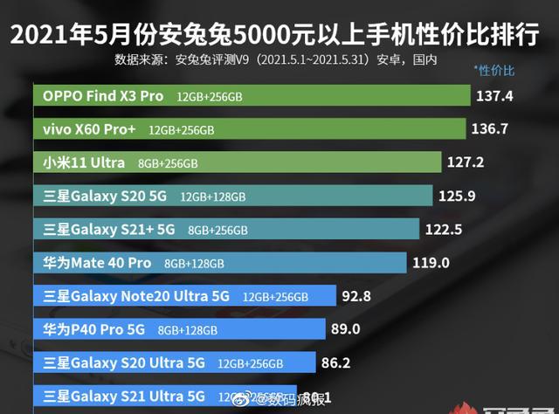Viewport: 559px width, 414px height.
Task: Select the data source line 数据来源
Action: [x=275, y=61]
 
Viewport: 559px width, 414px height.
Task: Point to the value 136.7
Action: [x=489, y=129]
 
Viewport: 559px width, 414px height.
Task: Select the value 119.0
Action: [x=431, y=262]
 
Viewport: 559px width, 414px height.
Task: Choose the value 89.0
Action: [x=346, y=329]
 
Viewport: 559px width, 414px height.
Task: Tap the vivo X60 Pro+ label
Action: [x=89, y=129]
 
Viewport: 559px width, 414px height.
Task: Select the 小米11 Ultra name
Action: [x=84, y=162]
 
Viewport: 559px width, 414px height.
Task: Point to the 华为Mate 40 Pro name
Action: [x=97, y=263]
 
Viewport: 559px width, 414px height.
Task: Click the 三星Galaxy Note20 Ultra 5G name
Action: [x=136, y=296]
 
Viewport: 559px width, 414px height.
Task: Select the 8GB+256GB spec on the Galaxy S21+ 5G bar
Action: [x=217, y=230]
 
